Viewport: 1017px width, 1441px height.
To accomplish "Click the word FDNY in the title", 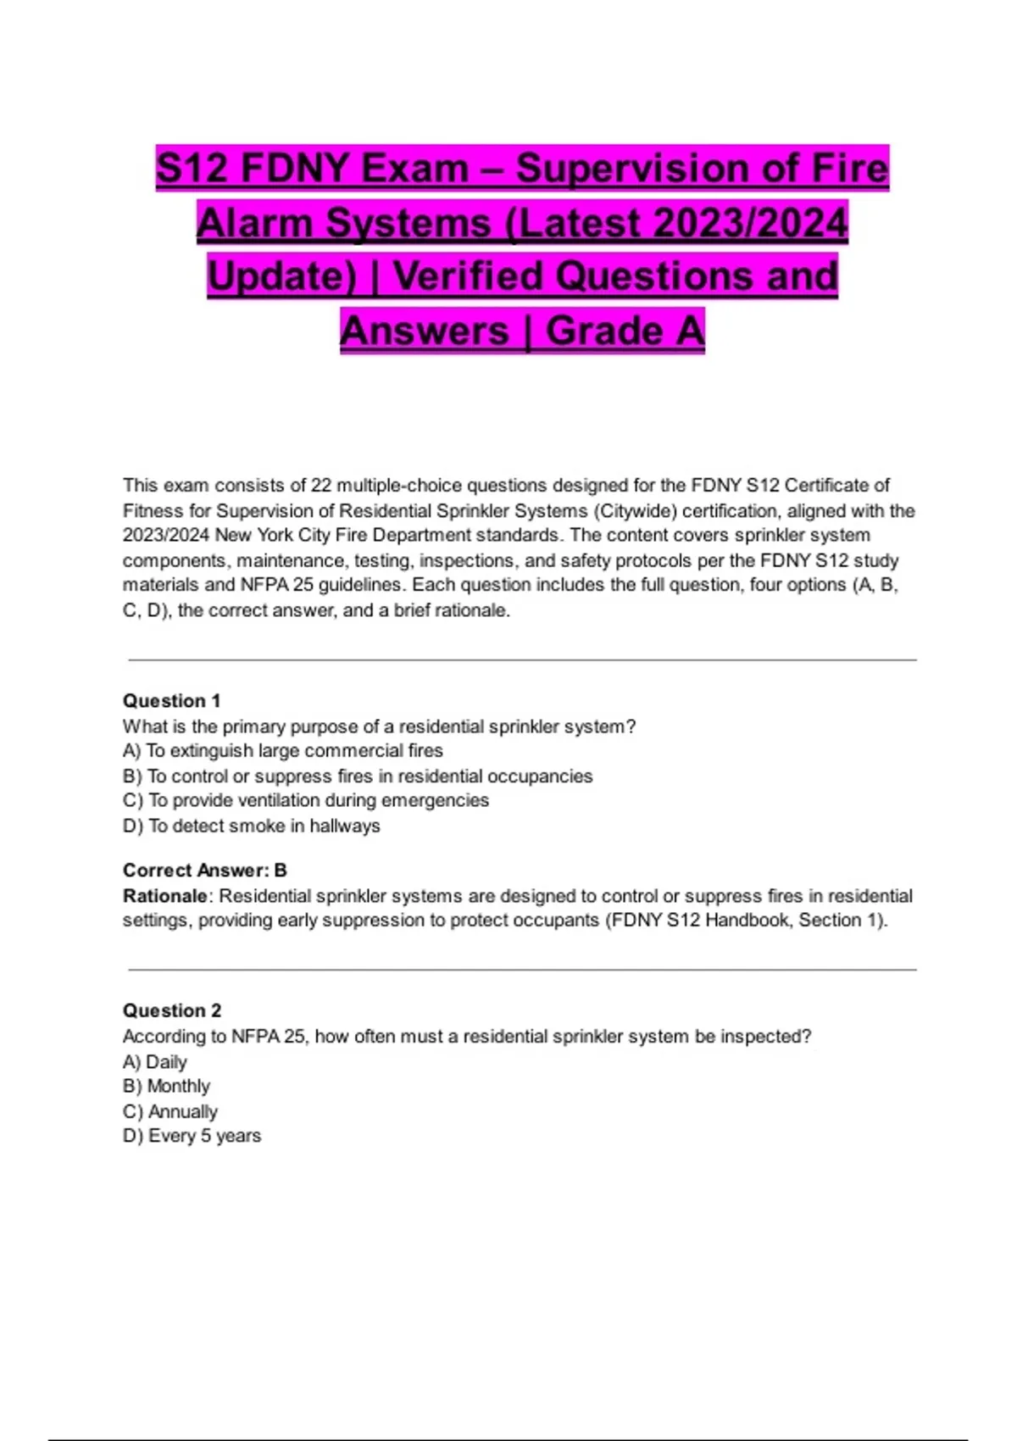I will (293, 168).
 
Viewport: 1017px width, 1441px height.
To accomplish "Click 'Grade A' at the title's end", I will (625, 331).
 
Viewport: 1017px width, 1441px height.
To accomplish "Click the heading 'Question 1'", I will (171, 701).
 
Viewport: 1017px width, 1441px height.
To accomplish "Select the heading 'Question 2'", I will (171, 1010).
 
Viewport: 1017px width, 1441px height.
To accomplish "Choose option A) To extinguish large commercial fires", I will (282, 751).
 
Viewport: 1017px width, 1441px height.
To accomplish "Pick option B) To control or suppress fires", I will (357, 776).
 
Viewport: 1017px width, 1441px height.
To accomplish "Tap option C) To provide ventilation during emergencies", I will (305, 800).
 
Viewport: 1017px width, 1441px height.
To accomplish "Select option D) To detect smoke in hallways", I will (251, 826).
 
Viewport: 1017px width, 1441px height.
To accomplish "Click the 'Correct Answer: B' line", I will (204, 871).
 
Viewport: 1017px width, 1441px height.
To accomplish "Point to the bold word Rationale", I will (164, 896).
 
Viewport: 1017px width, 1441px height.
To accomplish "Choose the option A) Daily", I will (154, 1062).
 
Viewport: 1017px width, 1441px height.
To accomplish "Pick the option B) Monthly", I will (166, 1087).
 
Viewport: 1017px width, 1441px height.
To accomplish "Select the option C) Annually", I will (169, 1111).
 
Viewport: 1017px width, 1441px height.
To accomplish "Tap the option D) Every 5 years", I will (192, 1136).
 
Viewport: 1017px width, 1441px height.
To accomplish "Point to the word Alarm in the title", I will (255, 223).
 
